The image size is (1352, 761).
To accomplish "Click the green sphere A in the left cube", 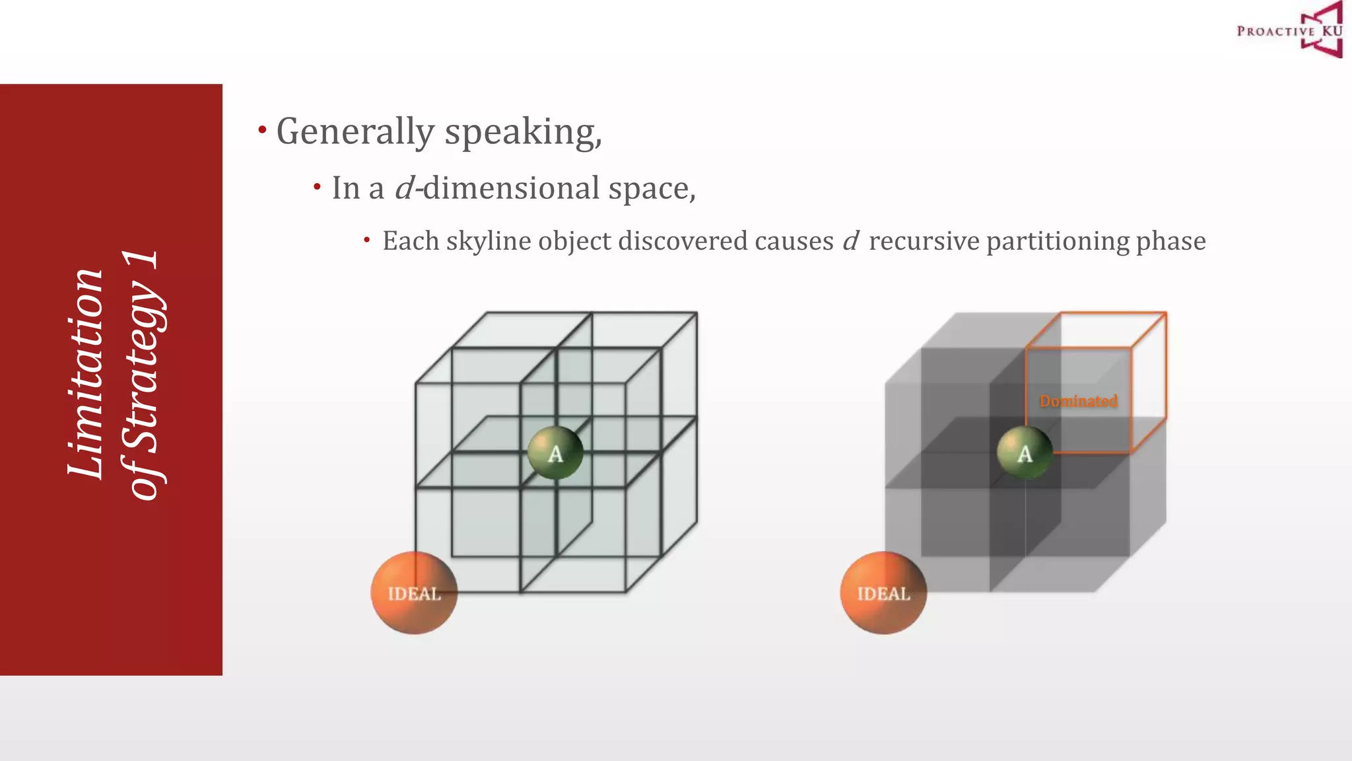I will point(555,453).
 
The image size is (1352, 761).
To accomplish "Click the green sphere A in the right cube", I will point(1025,453).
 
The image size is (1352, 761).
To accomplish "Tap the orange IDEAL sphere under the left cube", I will point(414,593).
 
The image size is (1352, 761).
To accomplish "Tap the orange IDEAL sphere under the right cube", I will point(883,593).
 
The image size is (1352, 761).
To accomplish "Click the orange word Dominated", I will point(1078,401).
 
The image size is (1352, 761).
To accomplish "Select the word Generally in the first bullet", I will point(355,131).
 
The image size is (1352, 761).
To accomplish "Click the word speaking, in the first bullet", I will point(523,131).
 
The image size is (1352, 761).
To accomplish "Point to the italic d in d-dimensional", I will point(403,188).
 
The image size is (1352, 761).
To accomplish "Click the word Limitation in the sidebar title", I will point(86,374).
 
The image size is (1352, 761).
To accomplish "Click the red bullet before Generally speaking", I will point(262,130).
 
